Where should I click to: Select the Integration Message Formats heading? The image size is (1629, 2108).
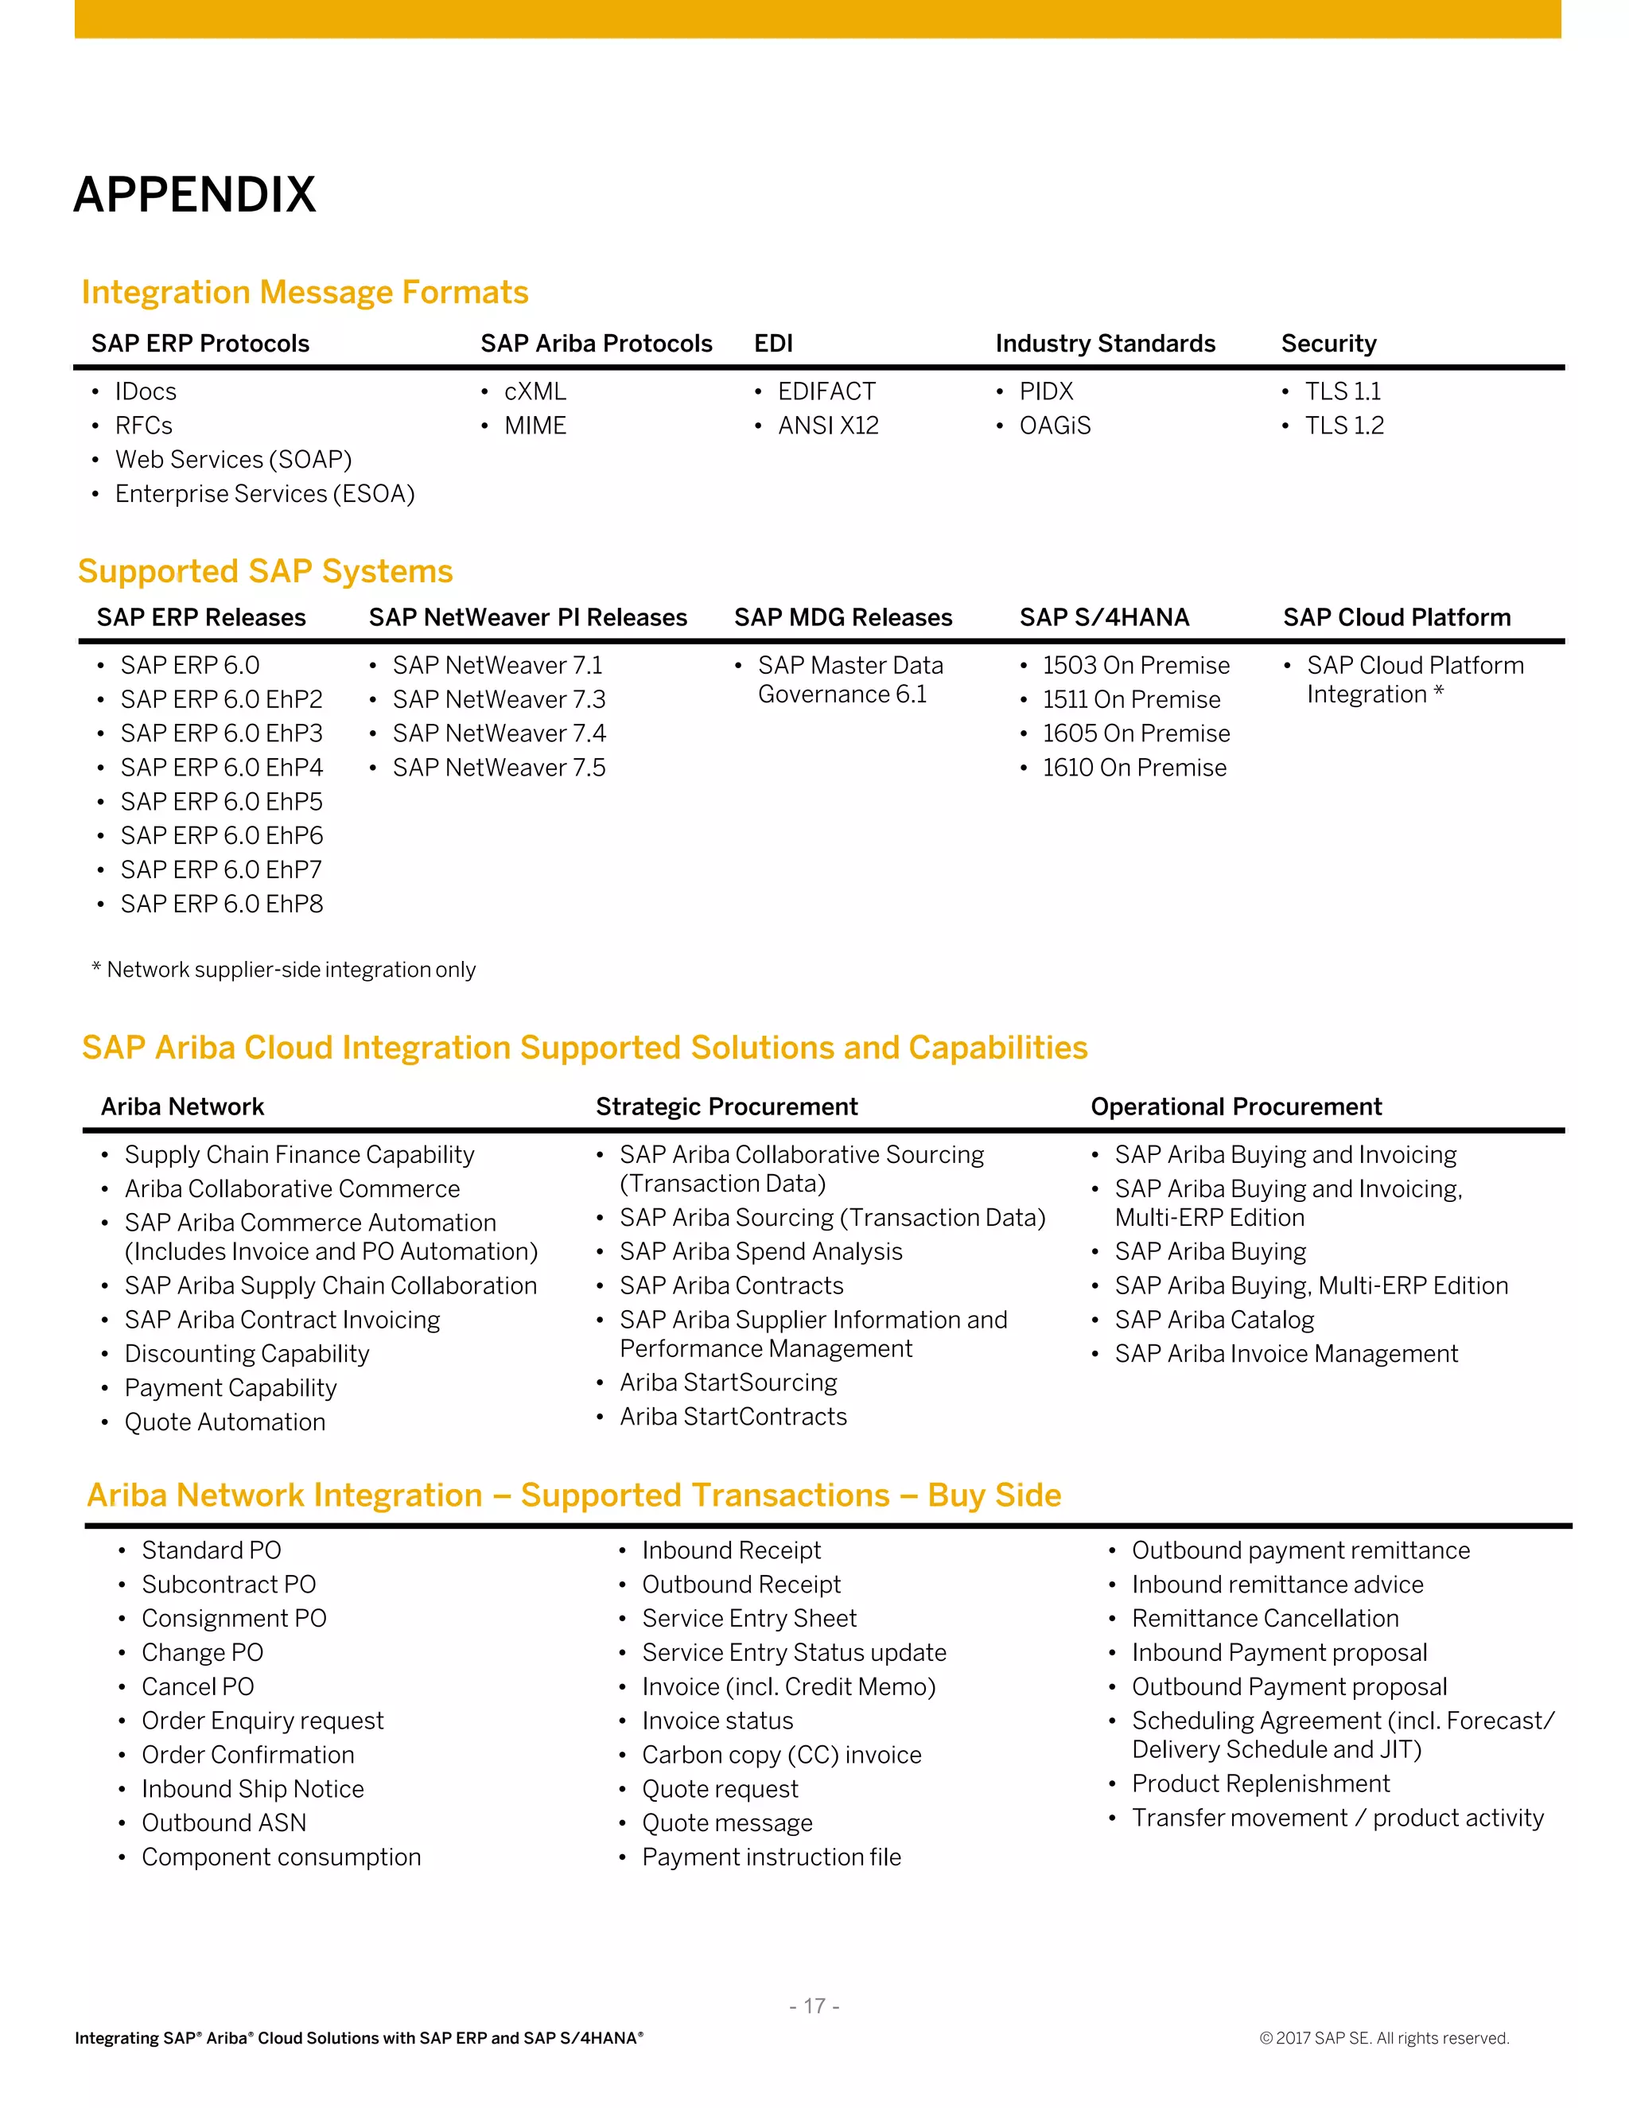coord(305,293)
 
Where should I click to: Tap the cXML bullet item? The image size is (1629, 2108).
coord(535,392)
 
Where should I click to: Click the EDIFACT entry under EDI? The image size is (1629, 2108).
coord(827,392)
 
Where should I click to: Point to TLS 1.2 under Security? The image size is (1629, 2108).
coord(1343,426)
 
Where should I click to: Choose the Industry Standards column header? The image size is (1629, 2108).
coord(1105,344)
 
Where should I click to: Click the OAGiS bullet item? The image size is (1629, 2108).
coord(1055,426)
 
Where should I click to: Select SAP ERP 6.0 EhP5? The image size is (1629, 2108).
coord(221,802)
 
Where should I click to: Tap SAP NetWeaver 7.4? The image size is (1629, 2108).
coord(499,733)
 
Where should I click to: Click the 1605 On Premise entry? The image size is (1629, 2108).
coord(1136,733)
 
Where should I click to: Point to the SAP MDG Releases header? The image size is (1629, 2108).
coord(842,618)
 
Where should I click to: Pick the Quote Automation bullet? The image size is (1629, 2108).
coord(225,1423)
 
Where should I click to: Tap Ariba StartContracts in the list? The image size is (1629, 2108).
coord(733,1417)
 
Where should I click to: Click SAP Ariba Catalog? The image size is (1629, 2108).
coord(1214,1320)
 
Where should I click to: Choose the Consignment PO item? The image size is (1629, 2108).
coord(234,1619)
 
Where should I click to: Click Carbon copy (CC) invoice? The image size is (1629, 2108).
coord(782,1755)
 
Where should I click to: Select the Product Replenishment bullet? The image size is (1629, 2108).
coord(1261,1783)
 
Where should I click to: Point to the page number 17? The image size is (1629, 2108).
coord(814,2007)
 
